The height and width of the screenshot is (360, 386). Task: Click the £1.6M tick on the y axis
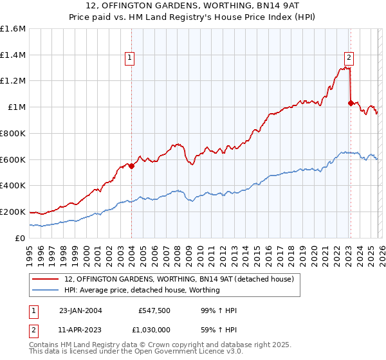[x=14, y=29]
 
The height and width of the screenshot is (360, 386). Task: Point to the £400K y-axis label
[x=13, y=186]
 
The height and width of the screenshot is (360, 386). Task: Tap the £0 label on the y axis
[x=21, y=238]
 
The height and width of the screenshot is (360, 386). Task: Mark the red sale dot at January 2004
[x=131, y=166]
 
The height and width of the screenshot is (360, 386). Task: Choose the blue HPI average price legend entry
[x=142, y=290]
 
